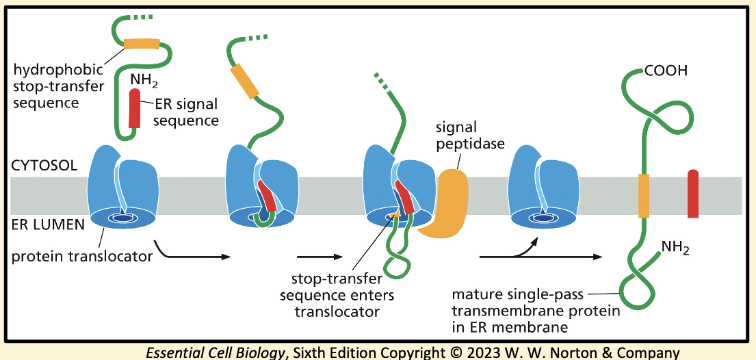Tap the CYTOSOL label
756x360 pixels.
[x=42, y=166]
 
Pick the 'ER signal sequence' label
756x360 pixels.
[x=185, y=113]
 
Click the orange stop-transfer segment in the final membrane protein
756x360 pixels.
[x=643, y=195]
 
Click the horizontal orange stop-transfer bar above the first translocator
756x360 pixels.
[x=141, y=44]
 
